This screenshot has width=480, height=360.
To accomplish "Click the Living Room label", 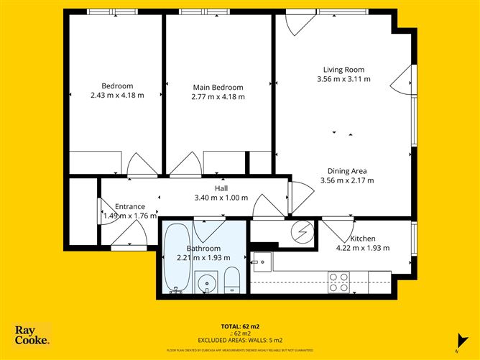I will point(343,70).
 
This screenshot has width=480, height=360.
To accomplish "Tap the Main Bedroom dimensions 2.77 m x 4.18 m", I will point(218,96).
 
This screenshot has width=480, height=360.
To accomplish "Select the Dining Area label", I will point(347,171).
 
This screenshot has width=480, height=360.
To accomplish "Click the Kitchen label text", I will point(363,239).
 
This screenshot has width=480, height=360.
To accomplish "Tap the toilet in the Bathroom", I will point(232,280).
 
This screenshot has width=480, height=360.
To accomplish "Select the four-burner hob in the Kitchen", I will point(338,277).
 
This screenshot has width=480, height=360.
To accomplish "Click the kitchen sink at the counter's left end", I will point(259,260).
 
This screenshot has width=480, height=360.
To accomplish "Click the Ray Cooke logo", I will point(32,334).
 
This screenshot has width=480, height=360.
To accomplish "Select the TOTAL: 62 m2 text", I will point(240,326).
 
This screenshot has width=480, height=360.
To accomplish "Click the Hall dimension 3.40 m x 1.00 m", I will point(221,198).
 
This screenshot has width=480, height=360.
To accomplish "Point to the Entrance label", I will point(130,207).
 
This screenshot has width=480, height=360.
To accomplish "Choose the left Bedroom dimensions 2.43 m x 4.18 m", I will point(118,96).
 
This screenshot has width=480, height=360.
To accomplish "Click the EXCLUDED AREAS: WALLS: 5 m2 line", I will point(240,340).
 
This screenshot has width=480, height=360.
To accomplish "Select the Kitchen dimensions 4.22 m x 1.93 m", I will point(364,248).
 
